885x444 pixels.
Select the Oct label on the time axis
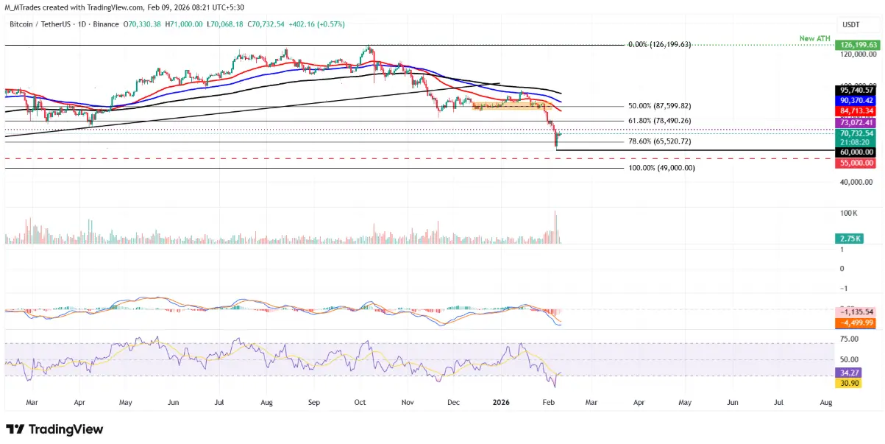point(360,403)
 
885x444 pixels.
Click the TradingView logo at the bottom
point(54,429)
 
